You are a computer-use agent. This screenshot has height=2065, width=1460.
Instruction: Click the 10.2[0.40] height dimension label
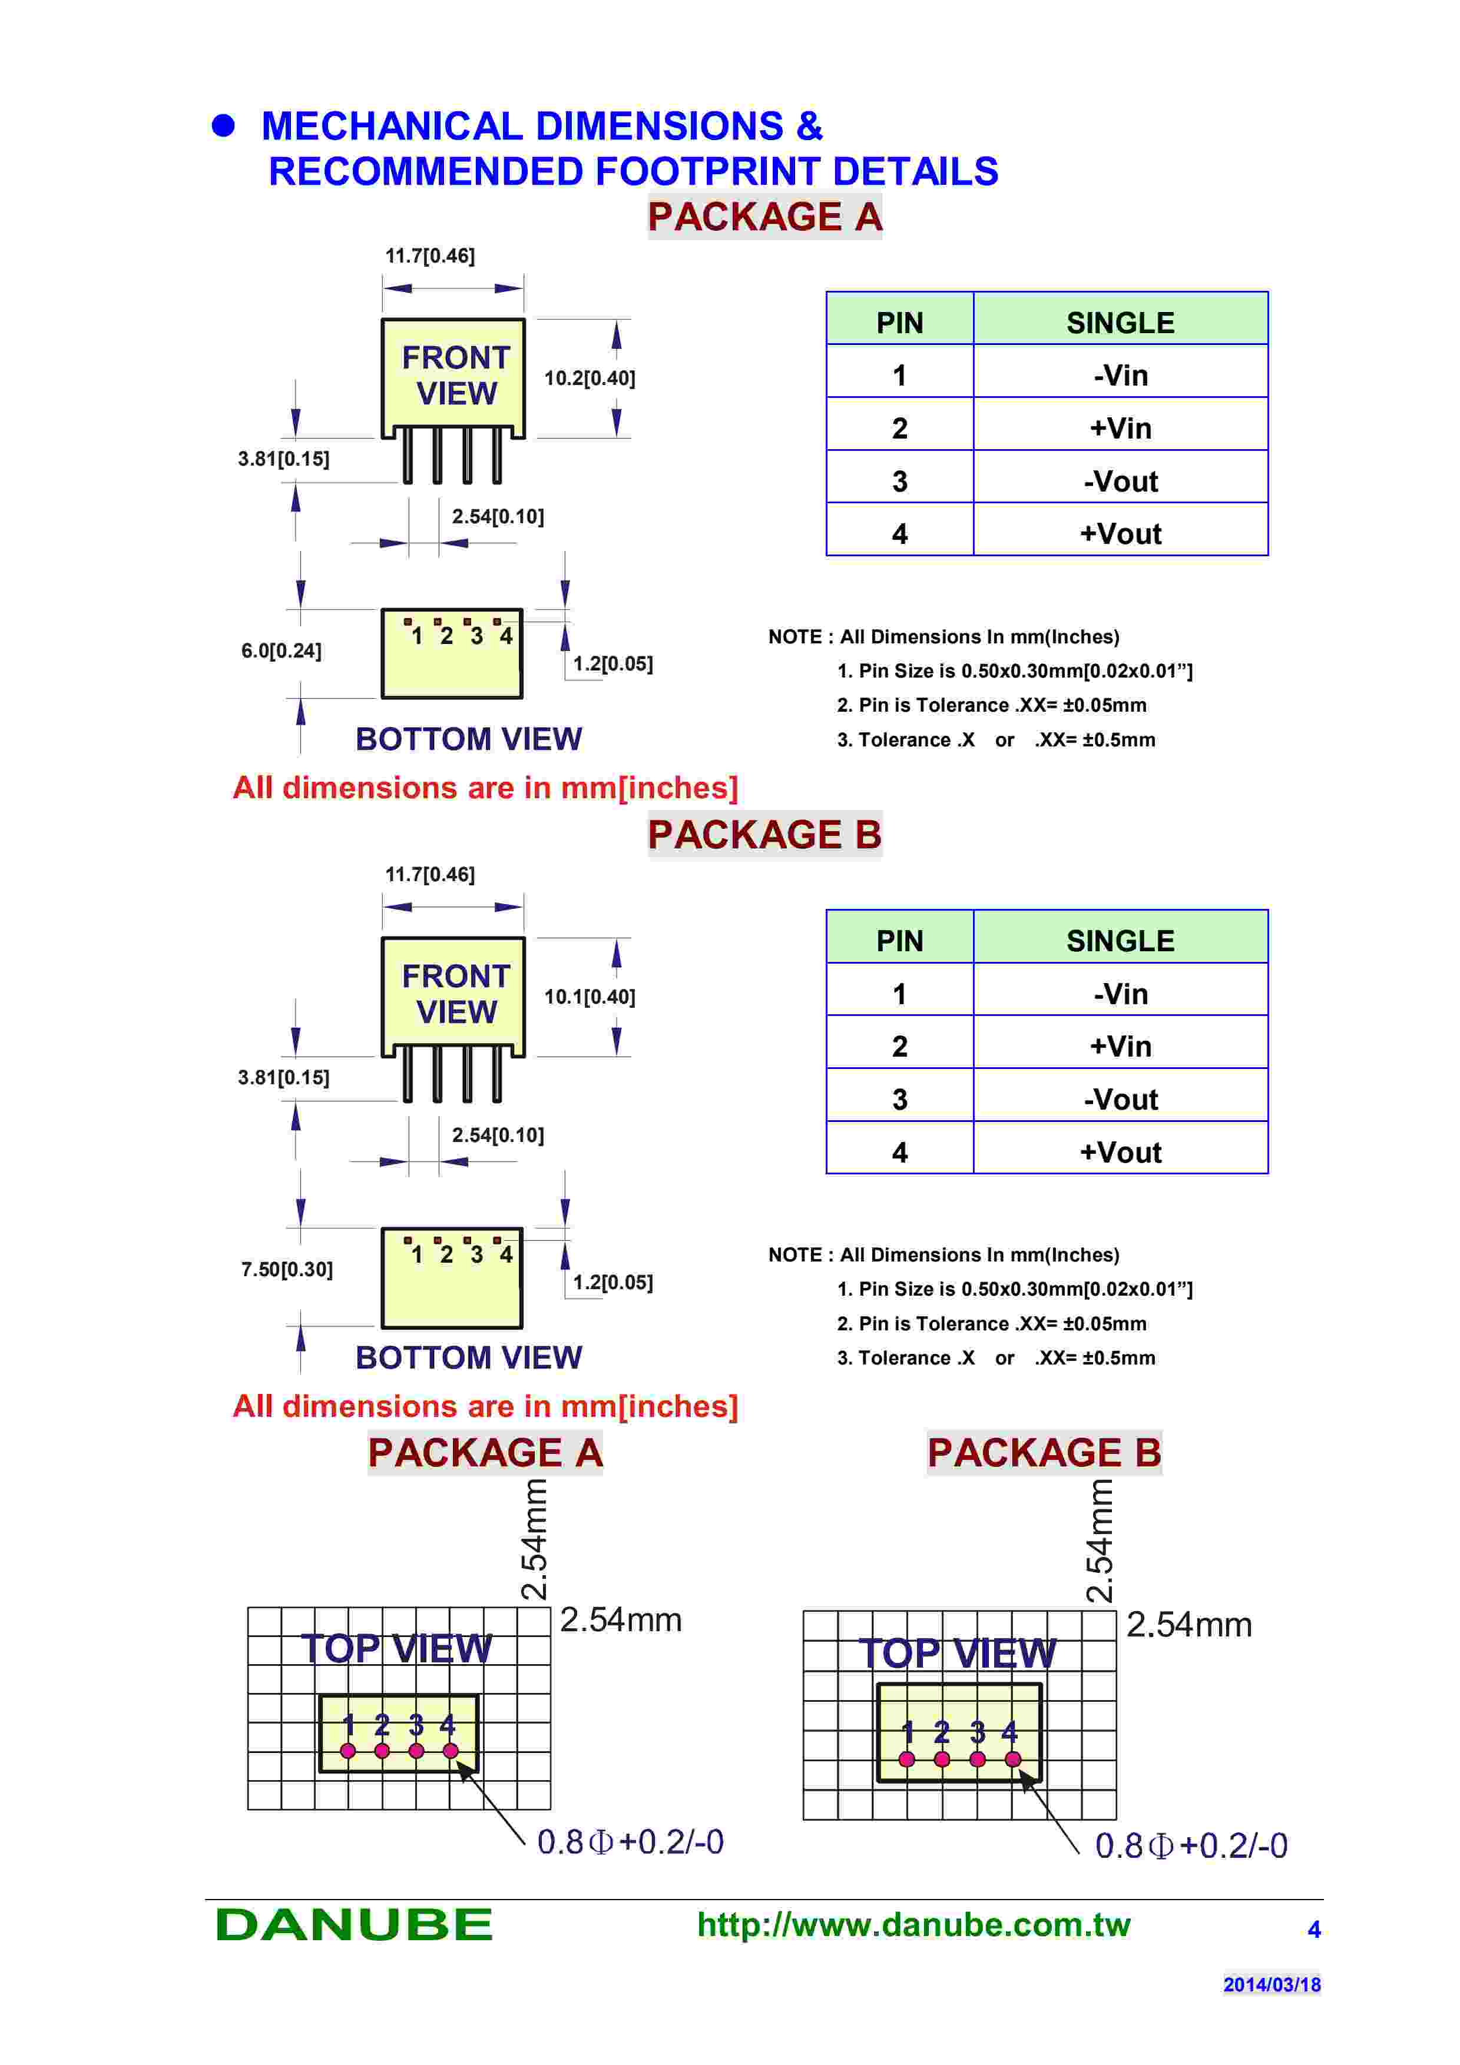click(589, 379)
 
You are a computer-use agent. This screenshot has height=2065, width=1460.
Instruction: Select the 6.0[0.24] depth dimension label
click(281, 650)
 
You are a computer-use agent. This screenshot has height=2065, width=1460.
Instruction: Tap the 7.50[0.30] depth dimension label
click(286, 1269)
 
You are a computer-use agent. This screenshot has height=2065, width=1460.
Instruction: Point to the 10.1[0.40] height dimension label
click(589, 997)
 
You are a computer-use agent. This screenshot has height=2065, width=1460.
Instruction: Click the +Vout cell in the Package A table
click(1120, 533)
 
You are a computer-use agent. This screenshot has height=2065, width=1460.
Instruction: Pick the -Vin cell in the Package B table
click(1120, 994)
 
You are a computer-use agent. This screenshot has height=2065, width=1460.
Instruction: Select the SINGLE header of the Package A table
click(1120, 323)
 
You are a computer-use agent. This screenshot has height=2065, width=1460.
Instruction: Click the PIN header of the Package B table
click(899, 941)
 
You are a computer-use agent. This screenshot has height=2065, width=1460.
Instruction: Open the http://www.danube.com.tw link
click(913, 1925)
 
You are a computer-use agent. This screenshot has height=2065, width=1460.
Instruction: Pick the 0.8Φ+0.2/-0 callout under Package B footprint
click(1190, 1845)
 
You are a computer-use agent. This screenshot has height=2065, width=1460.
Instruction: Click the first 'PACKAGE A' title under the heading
click(764, 217)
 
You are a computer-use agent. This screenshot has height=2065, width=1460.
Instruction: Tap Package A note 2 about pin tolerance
click(991, 705)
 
